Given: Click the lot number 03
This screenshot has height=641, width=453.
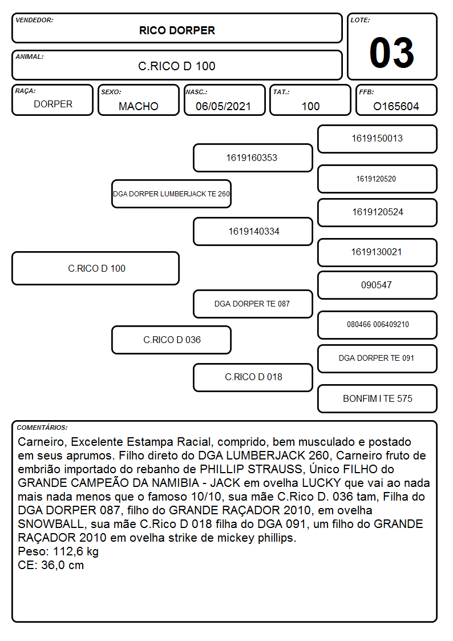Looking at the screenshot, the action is point(392,53).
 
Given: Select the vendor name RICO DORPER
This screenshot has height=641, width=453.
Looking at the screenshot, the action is point(177,31).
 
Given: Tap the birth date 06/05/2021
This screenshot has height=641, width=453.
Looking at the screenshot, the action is point(223,106).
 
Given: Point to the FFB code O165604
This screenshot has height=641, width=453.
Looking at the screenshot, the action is point(396,106).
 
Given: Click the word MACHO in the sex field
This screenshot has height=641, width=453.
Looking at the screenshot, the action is point(139,106).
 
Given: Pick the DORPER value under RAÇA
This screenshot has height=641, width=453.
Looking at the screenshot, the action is point(53,104).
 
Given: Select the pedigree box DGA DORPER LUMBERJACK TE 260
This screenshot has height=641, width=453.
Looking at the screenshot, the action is point(172,193).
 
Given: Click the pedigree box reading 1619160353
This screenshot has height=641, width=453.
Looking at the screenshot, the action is point(253,158).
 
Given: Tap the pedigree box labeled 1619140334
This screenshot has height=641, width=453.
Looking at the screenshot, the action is point(253,231).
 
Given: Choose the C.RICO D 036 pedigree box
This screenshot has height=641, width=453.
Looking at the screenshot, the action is point(172,340).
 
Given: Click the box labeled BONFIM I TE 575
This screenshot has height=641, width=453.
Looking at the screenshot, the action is point(378,398).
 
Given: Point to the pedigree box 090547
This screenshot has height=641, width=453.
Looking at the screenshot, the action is point(378,285).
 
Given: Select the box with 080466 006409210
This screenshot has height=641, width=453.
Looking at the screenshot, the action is point(378,325).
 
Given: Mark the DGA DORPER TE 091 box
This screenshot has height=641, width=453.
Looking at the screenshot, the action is point(378,358).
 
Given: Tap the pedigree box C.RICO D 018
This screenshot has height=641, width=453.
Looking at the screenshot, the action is point(253,377).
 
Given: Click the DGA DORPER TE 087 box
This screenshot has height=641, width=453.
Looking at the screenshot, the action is point(253,304).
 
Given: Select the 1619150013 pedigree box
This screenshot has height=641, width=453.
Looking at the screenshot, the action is point(378,139).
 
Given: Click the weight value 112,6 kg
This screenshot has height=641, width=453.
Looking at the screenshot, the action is point(76,552).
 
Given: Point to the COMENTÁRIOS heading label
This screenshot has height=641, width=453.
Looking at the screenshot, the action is point(42,428).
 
